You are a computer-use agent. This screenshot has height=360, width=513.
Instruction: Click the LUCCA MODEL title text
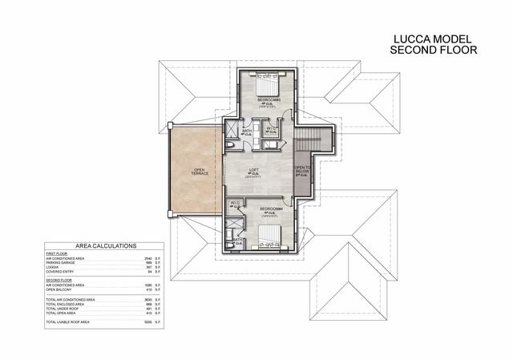[433, 38]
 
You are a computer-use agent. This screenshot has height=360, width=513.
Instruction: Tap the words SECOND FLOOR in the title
[433, 50]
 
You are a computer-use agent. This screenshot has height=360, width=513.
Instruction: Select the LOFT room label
[253, 170]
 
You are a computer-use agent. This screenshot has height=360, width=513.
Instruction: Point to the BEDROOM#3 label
[267, 99]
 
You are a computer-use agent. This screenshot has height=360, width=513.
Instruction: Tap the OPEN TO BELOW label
[301, 170]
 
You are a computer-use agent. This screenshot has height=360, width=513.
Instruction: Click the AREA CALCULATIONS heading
[105, 246]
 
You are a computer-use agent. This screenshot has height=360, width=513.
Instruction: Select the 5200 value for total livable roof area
[147, 321]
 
